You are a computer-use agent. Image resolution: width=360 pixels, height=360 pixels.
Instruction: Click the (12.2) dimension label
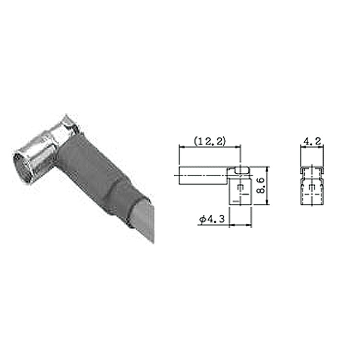coord(210,141)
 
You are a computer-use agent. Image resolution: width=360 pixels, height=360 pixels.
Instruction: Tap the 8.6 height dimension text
coord(261,185)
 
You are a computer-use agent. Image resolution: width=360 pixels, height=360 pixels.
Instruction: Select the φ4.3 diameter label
coord(212,219)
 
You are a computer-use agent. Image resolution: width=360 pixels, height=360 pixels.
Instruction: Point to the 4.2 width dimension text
coord(312,141)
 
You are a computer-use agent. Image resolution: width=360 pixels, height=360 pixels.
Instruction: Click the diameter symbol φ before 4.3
coord(203,220)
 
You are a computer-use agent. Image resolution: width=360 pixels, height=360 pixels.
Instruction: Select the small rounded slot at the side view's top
coord(242,170)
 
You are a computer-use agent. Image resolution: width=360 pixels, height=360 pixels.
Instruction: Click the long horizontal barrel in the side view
coord(204,176)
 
